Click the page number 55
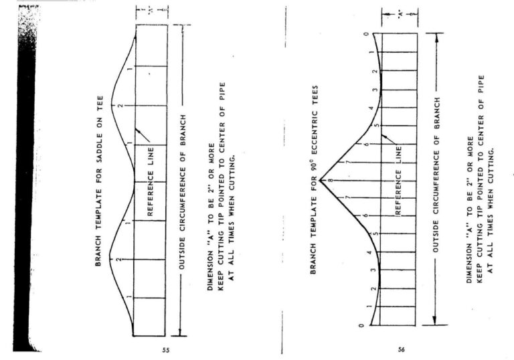pyautogui.click(x=166, y=350)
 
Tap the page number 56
pyautogui.click(x=402, y=349)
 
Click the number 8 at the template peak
pyautogui.click(x=331, y=180)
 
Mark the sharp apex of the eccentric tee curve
pyautogui.click(x=320, y=180)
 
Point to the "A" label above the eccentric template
pyautogui.click(x=400, y=15)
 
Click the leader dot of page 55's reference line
pyautogui.click(x=139, y=131)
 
